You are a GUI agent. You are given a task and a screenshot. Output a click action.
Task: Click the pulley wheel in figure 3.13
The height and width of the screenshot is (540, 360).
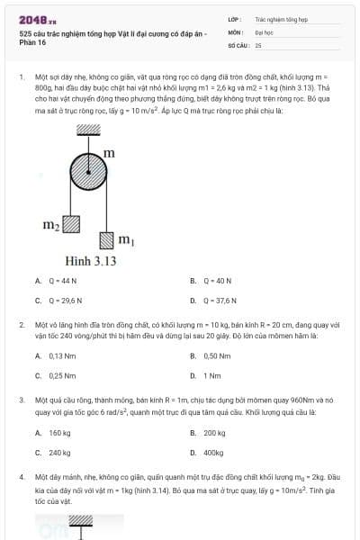click(x=87, y=171)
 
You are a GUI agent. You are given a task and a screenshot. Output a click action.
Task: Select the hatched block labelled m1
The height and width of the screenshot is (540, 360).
click(x=107, y=239)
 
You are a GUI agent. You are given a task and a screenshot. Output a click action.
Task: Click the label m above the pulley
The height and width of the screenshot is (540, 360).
click(x=109, y=153)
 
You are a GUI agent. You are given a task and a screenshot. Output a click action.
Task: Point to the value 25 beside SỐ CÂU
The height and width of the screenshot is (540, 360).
click(x=258, y=44)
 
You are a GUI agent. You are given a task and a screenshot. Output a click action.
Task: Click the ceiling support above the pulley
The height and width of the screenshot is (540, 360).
click(x=87, y=130)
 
